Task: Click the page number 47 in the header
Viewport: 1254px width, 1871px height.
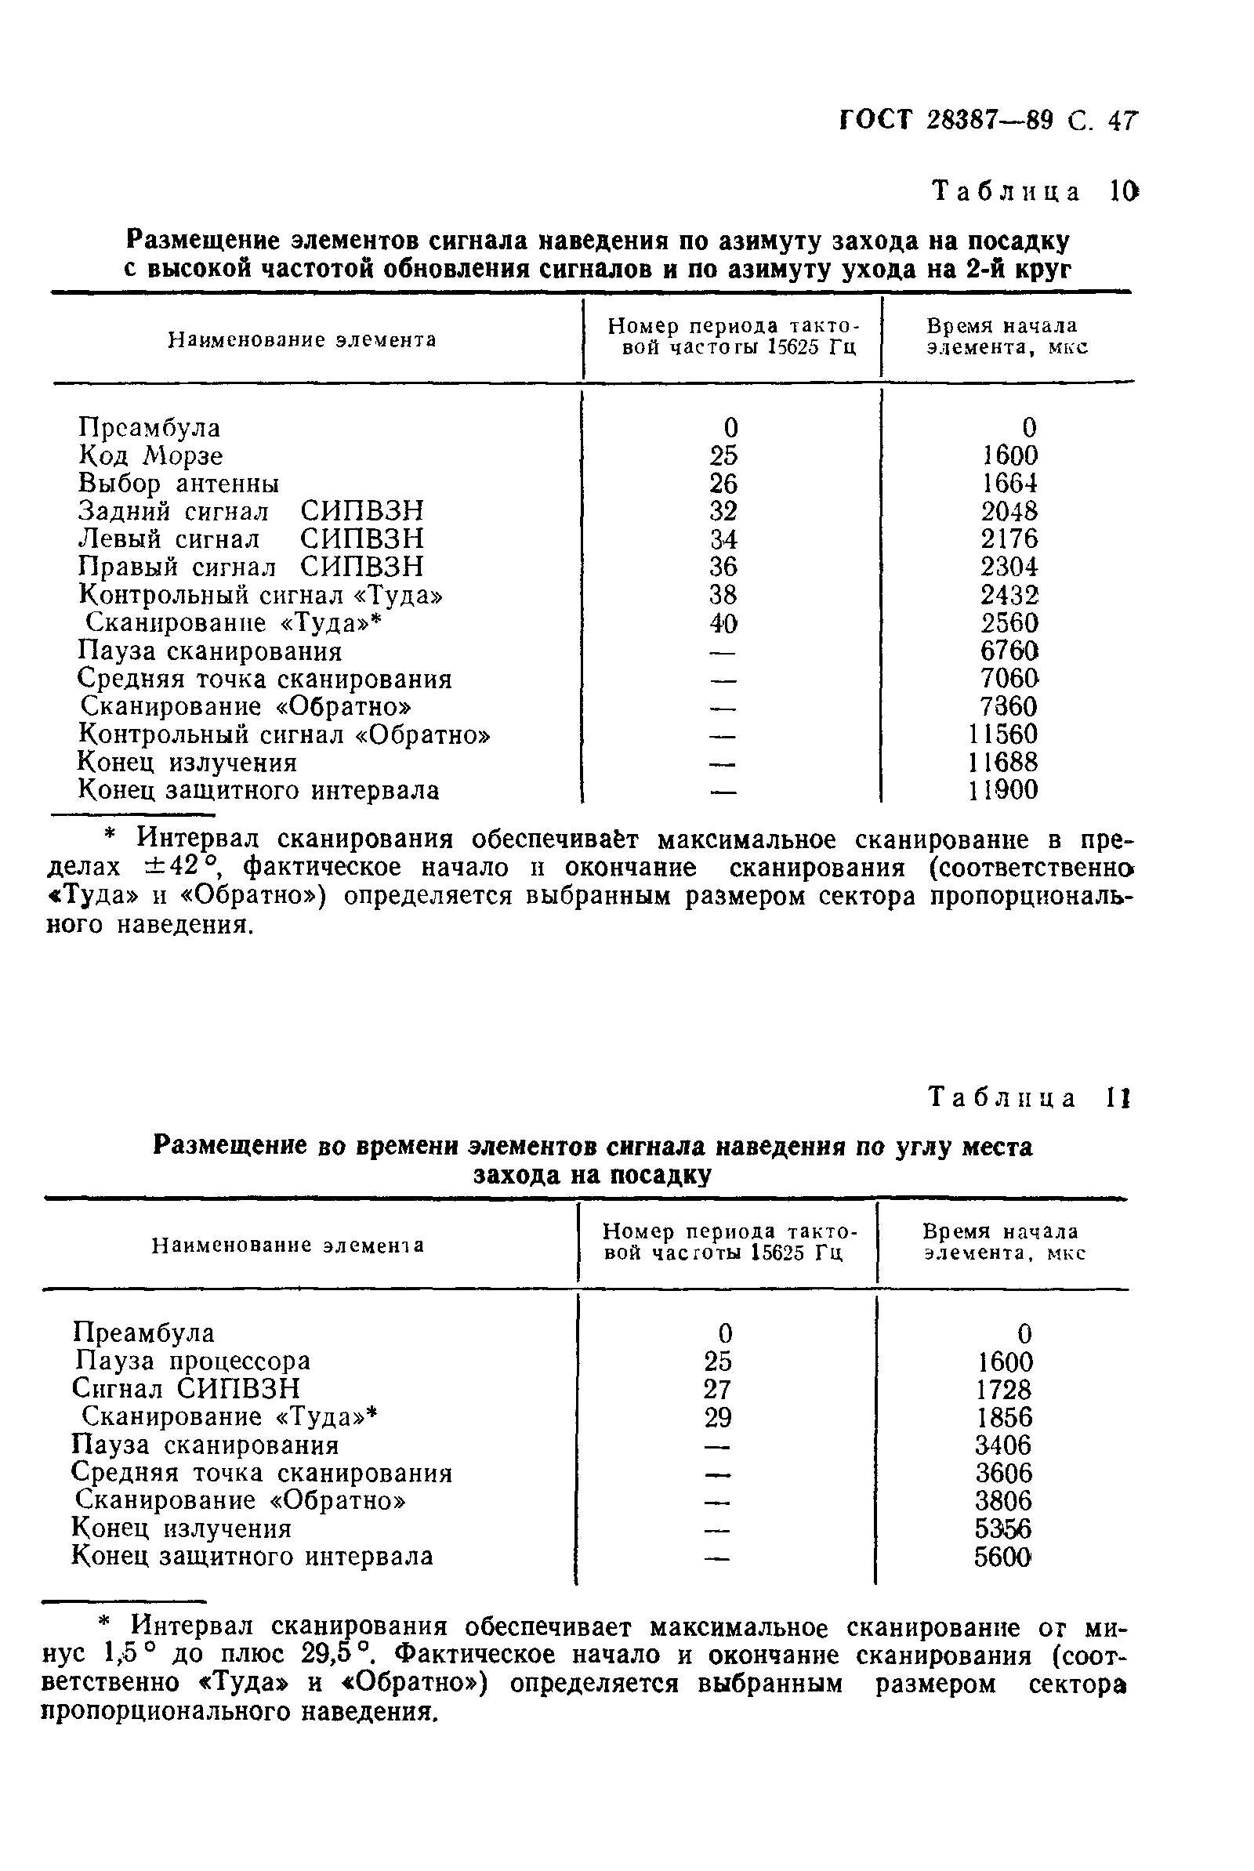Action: (x=1122, y=121)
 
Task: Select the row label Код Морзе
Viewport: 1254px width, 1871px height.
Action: (x=150, y=455)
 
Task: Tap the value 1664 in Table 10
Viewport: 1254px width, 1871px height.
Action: (x=1009, y=484)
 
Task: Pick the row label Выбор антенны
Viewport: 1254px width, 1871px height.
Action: (x=179, y=484)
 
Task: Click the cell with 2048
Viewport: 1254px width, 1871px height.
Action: (x=1009, y=511)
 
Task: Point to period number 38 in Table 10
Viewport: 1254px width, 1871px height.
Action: (x=723, y=594)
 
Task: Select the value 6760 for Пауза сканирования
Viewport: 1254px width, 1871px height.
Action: (x=1009, y=650)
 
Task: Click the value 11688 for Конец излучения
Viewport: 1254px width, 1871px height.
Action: (x=1003, y=761)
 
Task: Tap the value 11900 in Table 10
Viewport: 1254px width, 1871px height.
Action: (x=1003, y=790)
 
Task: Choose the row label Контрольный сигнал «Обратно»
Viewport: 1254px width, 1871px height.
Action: (x=284, y=734)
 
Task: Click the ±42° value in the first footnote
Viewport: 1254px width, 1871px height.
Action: (x=192, y=868)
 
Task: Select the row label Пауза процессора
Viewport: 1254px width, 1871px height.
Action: (x=191, y=1360)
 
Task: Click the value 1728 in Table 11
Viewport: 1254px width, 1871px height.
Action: (x=1005, y=1389)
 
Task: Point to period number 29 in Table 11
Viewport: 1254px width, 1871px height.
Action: (x=718, y=1417)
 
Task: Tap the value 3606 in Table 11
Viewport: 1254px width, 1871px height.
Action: (x=1005, y=1473)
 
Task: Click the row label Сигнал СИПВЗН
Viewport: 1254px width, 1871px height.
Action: (x=186, y=1388)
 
